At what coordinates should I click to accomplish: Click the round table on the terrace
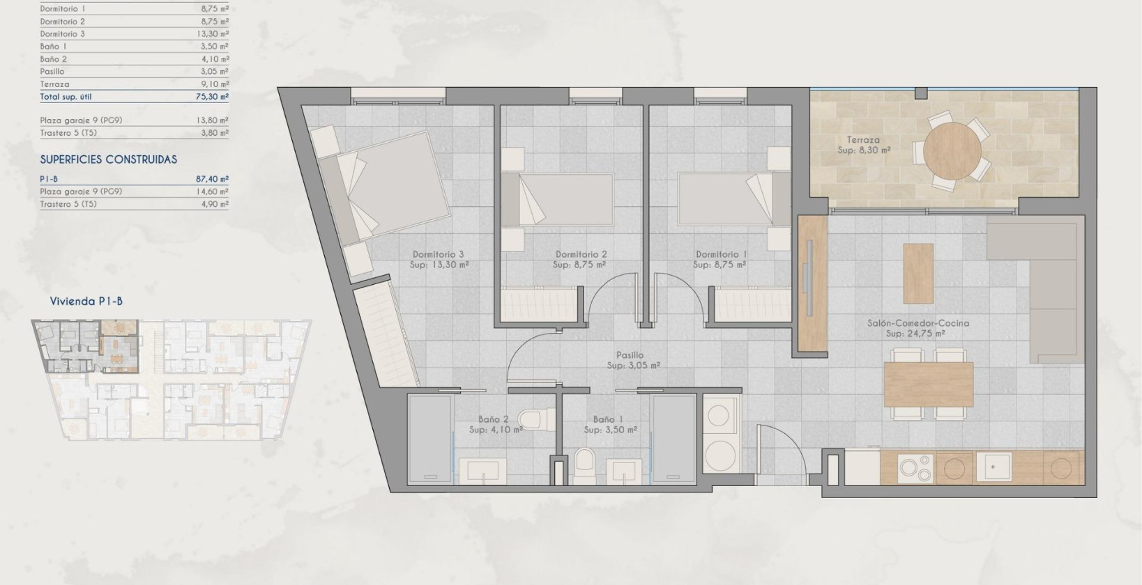pos(952,151)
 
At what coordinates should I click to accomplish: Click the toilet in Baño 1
pos(584,462)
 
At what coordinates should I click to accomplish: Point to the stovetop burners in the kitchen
pos(915,468)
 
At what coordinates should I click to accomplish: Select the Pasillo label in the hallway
pos(630,355)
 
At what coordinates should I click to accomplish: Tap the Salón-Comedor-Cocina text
pos(918,323)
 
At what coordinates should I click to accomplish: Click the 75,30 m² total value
pos(211,97)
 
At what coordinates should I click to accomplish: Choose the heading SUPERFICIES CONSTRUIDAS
pos(109,159)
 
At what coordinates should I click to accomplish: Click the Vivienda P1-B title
pos(86,302)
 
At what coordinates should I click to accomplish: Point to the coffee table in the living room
pos(918,272)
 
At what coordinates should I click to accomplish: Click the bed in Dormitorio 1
pos(725,199)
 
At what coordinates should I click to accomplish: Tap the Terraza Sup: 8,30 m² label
pos(863,145)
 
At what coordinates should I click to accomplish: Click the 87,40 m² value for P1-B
pos(211,179)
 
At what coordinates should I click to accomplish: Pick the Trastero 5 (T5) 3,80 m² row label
pos(68,133)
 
